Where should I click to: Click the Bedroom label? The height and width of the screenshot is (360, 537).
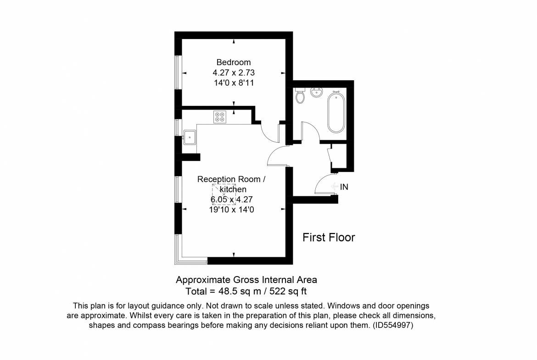point(234,62)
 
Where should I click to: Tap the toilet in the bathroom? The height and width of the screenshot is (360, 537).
point(300,95)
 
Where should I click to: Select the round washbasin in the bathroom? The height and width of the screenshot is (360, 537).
point(316,92)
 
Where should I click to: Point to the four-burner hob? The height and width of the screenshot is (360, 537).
point(219,116)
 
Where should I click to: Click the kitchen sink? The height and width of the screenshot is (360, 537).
point(190,137)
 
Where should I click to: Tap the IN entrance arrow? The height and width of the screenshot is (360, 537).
point(335,187)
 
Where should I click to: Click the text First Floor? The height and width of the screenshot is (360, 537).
point(329,238)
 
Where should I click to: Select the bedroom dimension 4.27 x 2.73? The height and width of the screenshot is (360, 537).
point(234,72)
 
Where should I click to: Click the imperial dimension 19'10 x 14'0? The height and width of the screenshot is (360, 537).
point(232,210)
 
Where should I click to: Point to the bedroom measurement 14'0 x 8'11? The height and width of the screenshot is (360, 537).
point(234,83)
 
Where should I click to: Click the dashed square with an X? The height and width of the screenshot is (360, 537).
point(224,194)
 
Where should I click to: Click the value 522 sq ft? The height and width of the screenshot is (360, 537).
point(288,292)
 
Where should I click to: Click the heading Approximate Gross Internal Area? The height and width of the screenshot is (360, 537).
point(246,280)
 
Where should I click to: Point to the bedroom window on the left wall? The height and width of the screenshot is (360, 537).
point(177,72)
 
